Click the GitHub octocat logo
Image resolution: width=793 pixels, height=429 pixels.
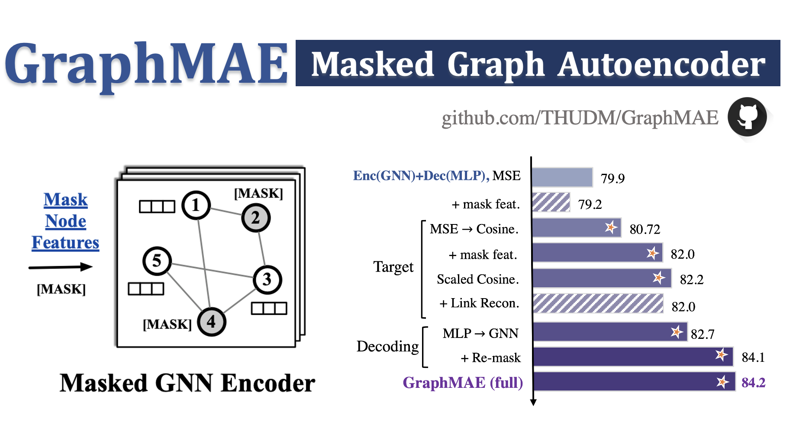(x=747, y=117)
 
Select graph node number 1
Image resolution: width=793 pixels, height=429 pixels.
(x=196, y=205)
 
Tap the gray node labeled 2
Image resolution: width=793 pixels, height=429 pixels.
(x=256, y=218)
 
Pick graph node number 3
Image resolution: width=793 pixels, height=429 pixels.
(x=267, y=279)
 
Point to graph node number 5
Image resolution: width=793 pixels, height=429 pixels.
(x=157, y=261)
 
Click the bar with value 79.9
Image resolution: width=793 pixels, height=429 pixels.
(x=562, y=177)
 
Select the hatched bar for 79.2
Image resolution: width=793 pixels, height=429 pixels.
(x=551, y=202)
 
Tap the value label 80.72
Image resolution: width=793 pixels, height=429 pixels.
(x=645, y=229)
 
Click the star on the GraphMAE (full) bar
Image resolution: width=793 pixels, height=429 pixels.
(x=722, y=382)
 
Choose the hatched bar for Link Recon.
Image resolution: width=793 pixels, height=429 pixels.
(x=598, y=303)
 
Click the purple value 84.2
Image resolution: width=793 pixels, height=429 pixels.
(x=753, y=383)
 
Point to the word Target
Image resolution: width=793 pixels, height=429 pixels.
(x=393, y=267)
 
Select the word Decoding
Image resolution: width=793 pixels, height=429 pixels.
(x=387, y=346)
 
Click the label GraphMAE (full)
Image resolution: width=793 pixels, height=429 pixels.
(x=462, y=383)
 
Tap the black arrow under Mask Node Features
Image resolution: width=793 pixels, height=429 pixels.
(x=61, y=267)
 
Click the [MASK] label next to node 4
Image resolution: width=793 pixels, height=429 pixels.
(x=167, y=324)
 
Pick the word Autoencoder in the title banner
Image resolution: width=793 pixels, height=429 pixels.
(x=661, y=64)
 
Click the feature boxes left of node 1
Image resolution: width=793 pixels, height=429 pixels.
(x=157, y=207)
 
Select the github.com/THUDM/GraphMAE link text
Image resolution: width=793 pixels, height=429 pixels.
(x=580, y=118)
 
